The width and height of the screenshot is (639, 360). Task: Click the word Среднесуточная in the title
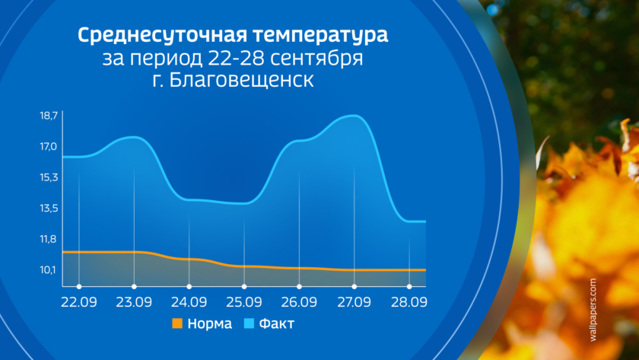point(162,36)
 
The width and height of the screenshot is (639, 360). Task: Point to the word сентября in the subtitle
point(316,59)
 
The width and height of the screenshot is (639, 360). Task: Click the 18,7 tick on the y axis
point(49,116)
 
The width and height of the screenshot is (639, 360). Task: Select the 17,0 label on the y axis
point(49,147)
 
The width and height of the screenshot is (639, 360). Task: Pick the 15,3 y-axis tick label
point(49,178)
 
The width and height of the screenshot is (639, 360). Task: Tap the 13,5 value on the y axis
point(49,209)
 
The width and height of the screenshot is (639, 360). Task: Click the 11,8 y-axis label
point(48,239)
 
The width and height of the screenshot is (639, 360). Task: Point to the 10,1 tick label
point(48,270)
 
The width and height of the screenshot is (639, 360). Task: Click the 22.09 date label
point(79,302)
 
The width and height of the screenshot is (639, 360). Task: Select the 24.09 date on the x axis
point(189,302)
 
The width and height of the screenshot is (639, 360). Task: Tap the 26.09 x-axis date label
point(299,302)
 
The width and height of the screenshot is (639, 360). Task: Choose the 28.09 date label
point(409,302)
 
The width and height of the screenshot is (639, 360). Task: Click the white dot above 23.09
point(134,287)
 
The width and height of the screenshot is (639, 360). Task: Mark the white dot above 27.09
point(354,287)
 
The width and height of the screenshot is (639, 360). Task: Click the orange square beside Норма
point(177,323)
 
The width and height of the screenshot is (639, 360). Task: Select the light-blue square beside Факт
point(249,323)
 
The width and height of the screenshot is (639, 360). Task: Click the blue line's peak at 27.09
point(354,116)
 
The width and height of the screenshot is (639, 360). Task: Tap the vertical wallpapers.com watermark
point(593,310)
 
